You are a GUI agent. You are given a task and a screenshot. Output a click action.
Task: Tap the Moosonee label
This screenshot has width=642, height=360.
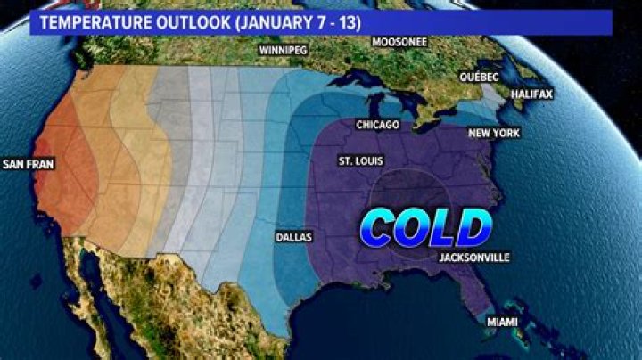point(399,42)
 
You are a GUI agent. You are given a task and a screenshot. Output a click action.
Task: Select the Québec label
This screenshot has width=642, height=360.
point(479,78)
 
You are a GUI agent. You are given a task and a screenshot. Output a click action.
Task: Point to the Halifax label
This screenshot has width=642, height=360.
point(531,94)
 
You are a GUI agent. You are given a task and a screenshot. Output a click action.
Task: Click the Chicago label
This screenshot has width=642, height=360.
point(377,125)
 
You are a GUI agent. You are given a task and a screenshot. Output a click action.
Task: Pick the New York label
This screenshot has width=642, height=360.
point(493,134)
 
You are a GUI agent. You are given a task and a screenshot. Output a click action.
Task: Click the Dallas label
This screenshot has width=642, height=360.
point(294,238)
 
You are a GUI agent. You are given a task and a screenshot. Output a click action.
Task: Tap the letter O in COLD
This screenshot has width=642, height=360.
point(416,229)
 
